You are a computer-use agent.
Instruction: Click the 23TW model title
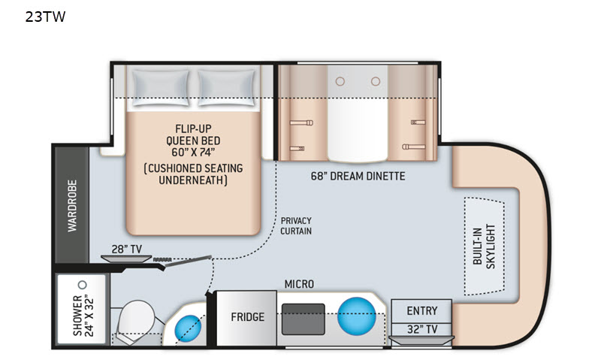[45, 17]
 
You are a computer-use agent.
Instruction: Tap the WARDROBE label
[72, 205]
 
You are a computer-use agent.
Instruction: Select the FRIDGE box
[246, 318]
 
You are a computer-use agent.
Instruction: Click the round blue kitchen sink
[356, 316]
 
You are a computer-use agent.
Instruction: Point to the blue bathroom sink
[189, 328]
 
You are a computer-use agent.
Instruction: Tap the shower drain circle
[82, 285]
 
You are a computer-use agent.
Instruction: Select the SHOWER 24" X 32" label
[83, 315]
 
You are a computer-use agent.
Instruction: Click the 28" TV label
[126, 250]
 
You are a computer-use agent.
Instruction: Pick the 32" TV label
[422, 329]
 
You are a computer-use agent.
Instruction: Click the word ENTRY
[422, 310]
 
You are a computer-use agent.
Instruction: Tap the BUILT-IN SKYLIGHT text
[484, 246]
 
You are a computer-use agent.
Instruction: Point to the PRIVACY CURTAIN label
[296, 225]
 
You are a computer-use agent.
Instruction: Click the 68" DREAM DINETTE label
[358, 177]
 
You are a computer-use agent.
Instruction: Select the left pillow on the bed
[161, 88]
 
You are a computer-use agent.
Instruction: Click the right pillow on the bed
[227, 88]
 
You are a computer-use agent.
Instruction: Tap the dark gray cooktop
[304, 319]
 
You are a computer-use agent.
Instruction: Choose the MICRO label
[299, 284]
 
